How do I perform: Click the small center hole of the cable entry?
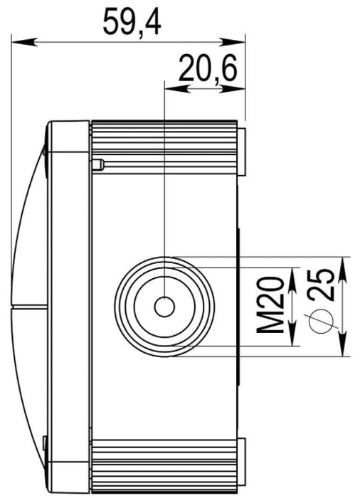coord(164,307)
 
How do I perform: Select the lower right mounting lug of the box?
coord(242,461)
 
